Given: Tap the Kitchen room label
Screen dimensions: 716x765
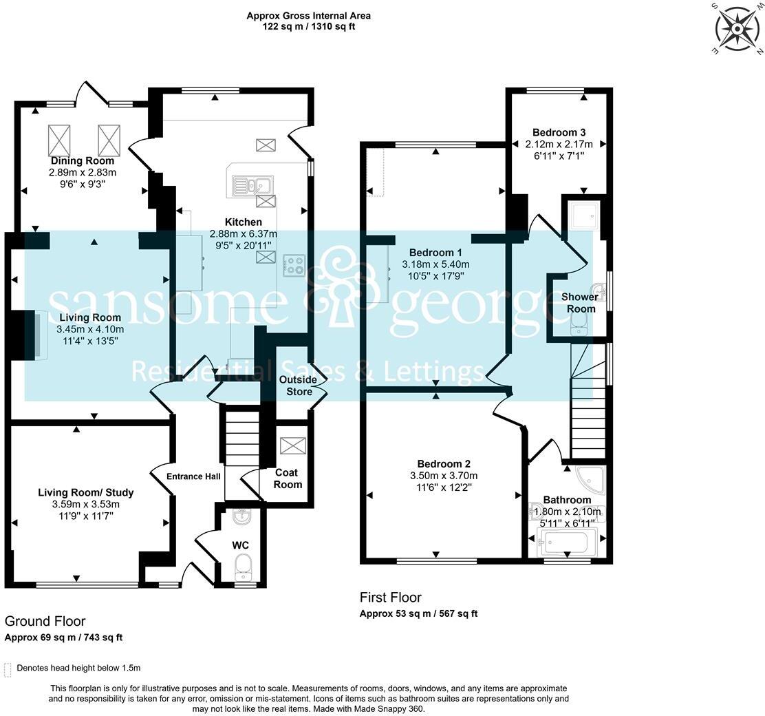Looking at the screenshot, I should coord(243,222).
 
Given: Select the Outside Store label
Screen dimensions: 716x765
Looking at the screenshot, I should coord(298,386).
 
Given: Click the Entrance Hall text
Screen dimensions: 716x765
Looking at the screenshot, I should coord(193,476).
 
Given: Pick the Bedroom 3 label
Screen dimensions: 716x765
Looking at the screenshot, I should coord(559,132).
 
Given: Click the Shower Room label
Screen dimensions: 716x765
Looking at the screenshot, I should coord(581,303).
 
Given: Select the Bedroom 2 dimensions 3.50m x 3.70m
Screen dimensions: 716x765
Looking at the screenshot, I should coord(443,476).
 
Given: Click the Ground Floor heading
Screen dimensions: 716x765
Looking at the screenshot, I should coord(45,622).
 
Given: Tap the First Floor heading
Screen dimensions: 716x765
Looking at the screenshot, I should coord(390,598).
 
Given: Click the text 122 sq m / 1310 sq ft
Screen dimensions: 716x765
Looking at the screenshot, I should coord(308,27).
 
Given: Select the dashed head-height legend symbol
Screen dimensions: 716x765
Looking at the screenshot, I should coord(8,668).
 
